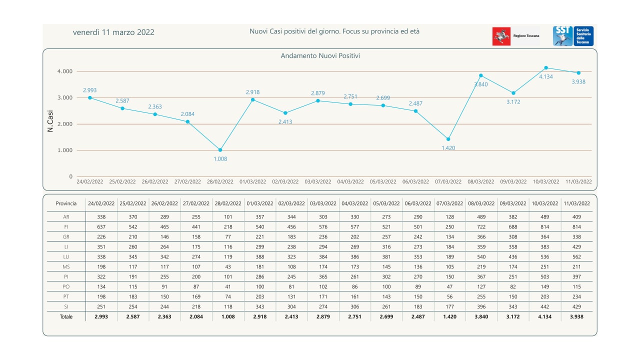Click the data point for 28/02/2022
click(x=220, y=150)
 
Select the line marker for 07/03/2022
click(x=448, y=139)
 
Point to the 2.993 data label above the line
click(x=89, y=90)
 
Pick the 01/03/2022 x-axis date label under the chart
click(x=253, y=181)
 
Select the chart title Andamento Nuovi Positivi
click(x=320, y=56)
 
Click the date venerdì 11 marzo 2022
click(x=113, y=32)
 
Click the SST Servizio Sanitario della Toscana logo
click(x=573, y=36)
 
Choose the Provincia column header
click(x=66, y=203)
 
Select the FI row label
click(x=66, y=226)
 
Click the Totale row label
click(x=66, y=316)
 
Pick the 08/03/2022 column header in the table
click(x=481, y=203)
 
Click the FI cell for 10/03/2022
click(x=544, y=226)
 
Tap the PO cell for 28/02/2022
click(x=228, y=286)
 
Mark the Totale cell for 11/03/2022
click(x=576, y=316)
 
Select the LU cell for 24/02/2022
click(x=101, y=256)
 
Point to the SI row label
click(x=66, y=306)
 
